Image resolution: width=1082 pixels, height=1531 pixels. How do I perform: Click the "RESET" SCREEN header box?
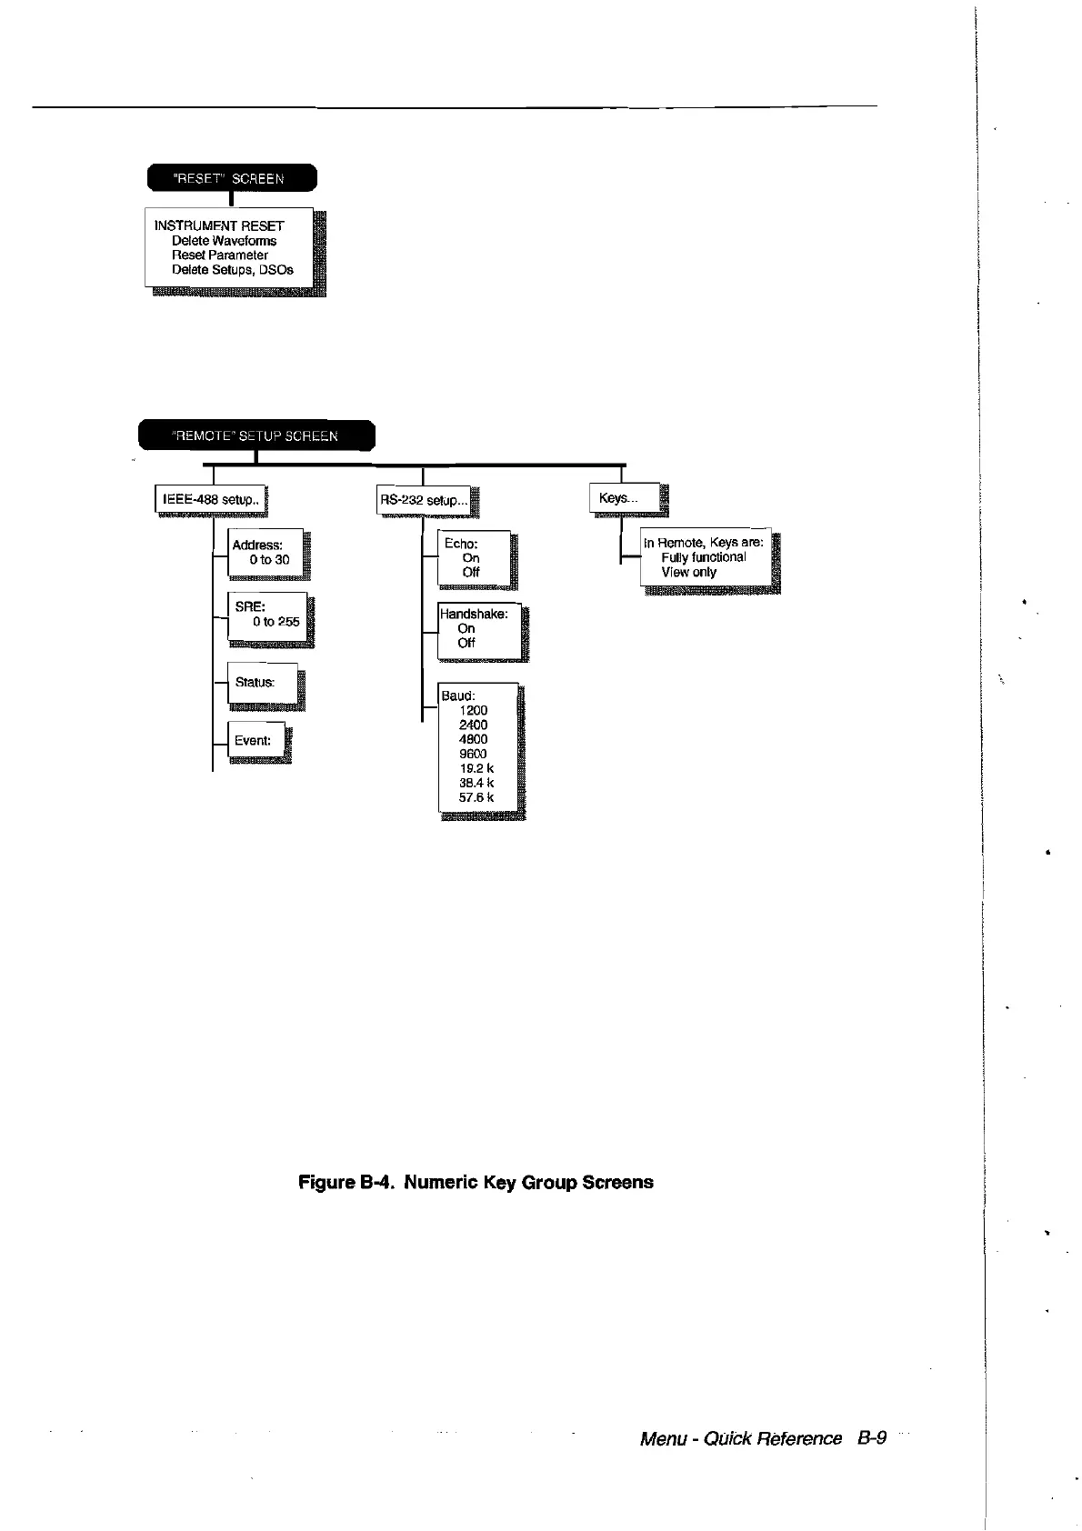231,178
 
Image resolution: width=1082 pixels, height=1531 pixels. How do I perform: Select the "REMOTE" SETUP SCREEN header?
255,435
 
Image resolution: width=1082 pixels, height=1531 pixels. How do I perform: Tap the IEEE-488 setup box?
211,500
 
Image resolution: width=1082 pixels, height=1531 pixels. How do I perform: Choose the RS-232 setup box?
424,500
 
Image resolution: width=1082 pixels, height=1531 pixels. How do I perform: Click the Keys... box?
625,498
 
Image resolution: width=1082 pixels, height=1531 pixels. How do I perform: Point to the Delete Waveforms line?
224,241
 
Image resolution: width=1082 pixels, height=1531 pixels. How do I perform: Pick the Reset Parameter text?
220,255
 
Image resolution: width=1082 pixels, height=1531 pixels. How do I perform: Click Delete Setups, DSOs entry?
233,270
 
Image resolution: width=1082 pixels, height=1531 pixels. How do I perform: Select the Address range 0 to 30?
269,560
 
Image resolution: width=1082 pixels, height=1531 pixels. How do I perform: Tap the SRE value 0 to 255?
276,622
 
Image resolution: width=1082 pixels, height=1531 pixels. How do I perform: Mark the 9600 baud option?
473,754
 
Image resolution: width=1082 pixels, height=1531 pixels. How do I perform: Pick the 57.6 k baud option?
476,797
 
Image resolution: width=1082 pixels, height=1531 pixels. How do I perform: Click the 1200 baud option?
474,710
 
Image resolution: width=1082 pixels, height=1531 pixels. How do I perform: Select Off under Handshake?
466,643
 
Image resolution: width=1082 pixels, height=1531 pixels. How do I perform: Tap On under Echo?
471,557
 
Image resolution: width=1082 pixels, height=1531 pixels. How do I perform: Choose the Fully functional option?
704,557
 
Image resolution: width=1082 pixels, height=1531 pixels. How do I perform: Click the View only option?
689,573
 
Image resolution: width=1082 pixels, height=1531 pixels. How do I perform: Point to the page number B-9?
871,1438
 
